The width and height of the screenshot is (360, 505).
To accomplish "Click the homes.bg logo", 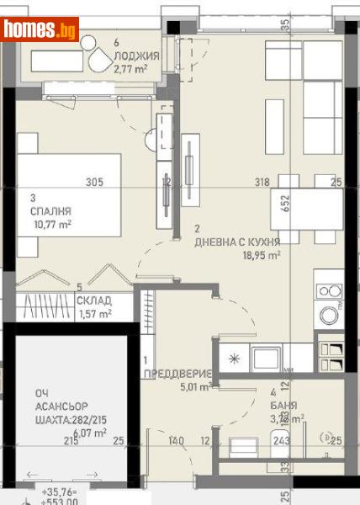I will tap(40, 29).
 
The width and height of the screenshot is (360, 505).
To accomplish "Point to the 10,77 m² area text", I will tap(50, 225).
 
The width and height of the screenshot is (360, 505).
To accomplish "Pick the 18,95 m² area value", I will tap(261, 255).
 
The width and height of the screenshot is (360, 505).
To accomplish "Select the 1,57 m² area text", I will tap(94, 314).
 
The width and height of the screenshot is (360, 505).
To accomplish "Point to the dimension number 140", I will tap(175, 440).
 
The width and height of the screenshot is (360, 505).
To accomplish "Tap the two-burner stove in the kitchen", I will tap(328, 291).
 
